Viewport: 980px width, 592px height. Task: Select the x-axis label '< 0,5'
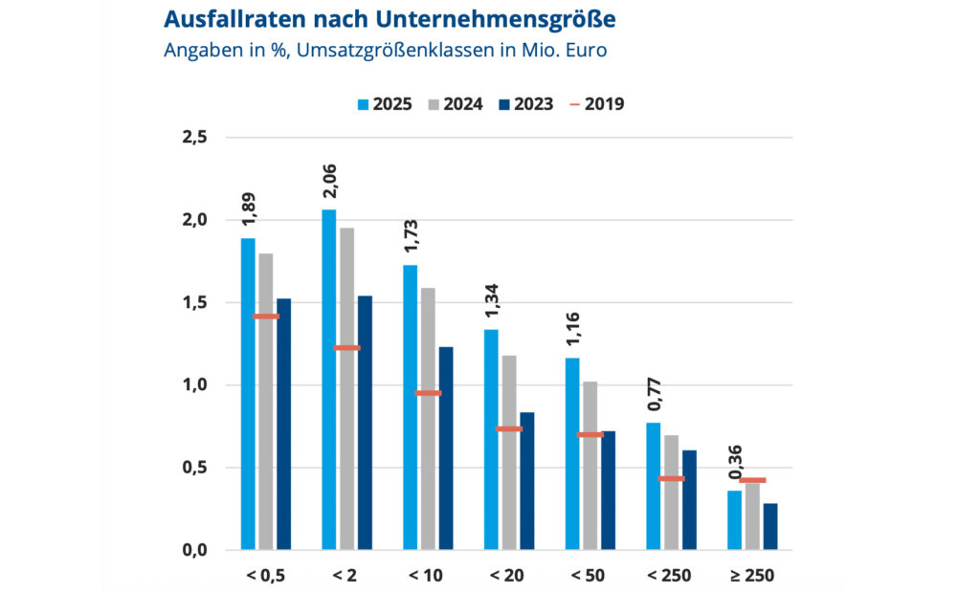[x=265, y=576]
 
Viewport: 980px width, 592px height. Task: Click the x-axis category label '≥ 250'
[x=752, y=576]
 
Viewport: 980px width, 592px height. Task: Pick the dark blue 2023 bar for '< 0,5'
[x=283, y=425]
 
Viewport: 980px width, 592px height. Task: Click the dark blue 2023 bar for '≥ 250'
[x=770, y=527]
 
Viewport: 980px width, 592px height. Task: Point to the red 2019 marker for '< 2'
[x=346, y=348]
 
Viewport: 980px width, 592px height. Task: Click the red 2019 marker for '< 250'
[x=671, y=478]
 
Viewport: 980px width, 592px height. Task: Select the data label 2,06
[x=328, y=180]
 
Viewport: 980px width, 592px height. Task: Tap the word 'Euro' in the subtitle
[x=584, y=49]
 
